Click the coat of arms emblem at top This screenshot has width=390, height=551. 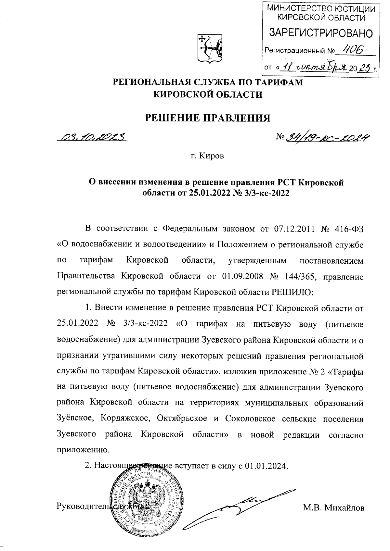210,49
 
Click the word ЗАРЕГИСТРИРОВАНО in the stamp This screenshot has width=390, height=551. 320,33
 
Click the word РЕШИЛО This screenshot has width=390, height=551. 292,292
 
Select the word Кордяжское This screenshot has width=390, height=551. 126,419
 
